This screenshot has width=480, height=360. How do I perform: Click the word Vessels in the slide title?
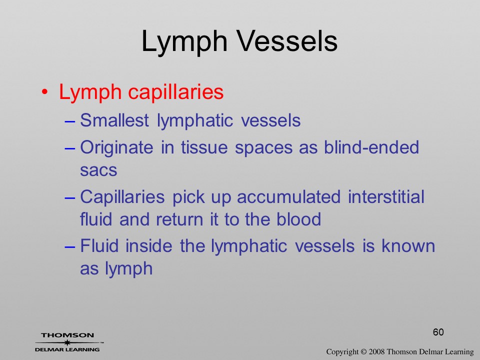point(287,41)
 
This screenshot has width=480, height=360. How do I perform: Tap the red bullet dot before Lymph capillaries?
point(44,92)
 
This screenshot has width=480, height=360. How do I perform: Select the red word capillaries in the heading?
point(175,92)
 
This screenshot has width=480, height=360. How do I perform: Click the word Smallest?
point(114,120)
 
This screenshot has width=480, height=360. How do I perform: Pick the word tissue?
point(204,147)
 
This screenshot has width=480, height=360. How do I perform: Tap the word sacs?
point(98,170)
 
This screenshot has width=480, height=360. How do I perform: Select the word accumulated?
point(288,196)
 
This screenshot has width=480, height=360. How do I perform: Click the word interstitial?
point(386,196)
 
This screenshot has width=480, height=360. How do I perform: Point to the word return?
point(179,219)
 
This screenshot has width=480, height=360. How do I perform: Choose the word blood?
point(299,219)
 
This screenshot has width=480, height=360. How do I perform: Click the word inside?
point(149,246)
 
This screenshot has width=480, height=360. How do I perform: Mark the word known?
point(408,246)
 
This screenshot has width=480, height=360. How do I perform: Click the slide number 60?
point(438,332)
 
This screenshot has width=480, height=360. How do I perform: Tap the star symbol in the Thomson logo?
point(66,342)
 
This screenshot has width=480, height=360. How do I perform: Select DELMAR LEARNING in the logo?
point(67,349)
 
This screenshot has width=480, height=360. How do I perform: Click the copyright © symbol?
point(363,351)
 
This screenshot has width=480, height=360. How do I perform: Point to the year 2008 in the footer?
point(377,351)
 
